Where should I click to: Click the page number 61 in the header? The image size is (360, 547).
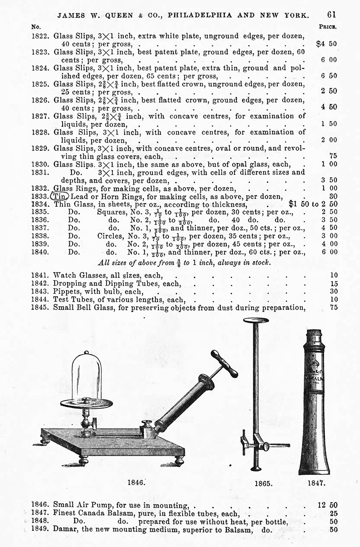tap(332, 14)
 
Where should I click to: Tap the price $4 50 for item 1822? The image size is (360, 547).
tap(326, 44)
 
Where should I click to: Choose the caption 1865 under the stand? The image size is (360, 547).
tap(263, 484)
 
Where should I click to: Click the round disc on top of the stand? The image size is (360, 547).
tap(255, 321)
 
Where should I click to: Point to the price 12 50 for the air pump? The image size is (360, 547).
tap(327, 505)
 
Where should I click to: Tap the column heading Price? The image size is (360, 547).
tap(328, 27)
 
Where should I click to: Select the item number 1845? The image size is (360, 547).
tap(42, 308)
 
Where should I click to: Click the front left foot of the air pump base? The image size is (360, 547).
tap(82, 461)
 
